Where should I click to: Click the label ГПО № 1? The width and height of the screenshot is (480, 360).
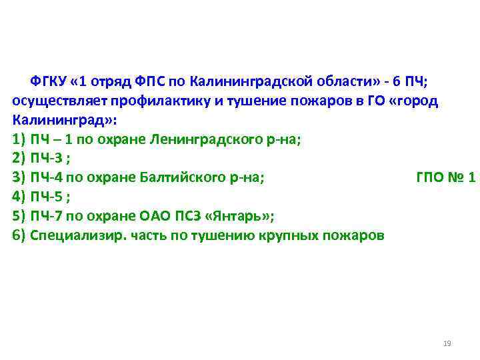coord(445,179)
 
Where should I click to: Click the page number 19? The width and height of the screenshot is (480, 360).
coord(447,343)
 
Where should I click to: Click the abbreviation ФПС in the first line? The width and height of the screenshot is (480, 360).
coord(152,82)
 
